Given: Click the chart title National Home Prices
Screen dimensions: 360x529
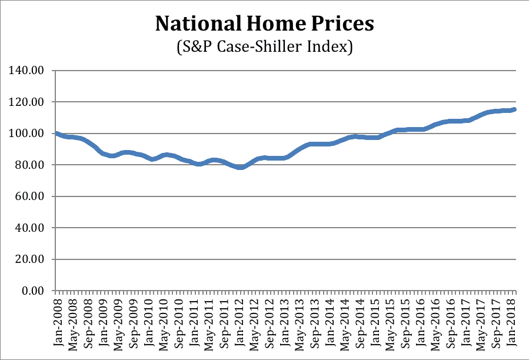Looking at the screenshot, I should [264, 24].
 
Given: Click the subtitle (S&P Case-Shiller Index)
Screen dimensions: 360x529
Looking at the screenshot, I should [264, 47].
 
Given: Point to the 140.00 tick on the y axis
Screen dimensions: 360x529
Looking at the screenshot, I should [28, 71].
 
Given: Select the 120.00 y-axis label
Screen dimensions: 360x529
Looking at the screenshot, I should [28, 102].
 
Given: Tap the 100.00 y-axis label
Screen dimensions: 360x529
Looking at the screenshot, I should [28, 134].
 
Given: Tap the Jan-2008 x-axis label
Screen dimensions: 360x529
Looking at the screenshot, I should [57, 318].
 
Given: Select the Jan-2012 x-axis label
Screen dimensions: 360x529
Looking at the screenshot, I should [241, 318].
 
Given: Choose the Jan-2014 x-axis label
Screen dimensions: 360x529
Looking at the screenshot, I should [332, 318].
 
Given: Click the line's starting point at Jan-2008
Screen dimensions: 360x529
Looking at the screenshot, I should [57, 134].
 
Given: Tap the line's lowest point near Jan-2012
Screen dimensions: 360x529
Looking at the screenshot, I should [241, 167].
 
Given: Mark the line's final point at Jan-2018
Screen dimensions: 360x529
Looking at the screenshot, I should [515, 109].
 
